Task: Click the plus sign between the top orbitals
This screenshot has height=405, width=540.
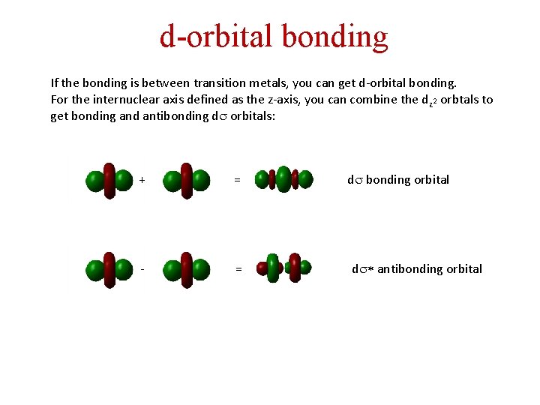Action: pos(142,180)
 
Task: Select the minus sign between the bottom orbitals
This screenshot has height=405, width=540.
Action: pos(142,268)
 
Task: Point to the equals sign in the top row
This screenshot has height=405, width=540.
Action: pos(237,180)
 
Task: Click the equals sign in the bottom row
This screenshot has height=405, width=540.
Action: pos(238,268)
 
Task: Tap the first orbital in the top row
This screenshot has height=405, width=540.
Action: pos(109,181)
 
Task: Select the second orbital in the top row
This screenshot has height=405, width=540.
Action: pos(186,181)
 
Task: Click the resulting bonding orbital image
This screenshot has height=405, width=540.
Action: pos(283,179)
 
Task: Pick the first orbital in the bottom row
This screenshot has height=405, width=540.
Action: pos(109,269)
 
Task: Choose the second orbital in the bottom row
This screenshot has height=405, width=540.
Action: pos(186,269)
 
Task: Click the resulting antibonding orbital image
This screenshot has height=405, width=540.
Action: pos(283,268)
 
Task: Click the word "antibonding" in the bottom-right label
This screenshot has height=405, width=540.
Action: pos(407,268)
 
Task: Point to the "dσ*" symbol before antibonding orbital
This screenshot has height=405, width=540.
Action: pos(361,268)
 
